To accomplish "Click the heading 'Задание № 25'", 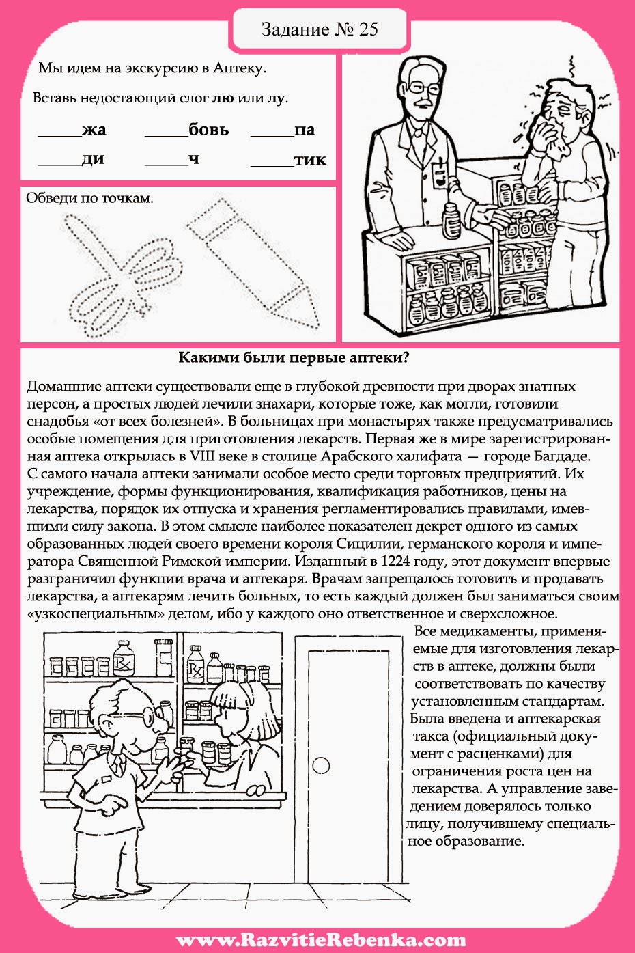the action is [319, 29].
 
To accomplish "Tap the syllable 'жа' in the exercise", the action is [94, 130].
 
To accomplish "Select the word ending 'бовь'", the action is [208, 129].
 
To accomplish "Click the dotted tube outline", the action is [253, 259].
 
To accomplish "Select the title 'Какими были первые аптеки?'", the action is [294, 358].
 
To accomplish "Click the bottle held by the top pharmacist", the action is [450, 219].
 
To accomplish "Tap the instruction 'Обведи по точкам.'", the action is [89, 199].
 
